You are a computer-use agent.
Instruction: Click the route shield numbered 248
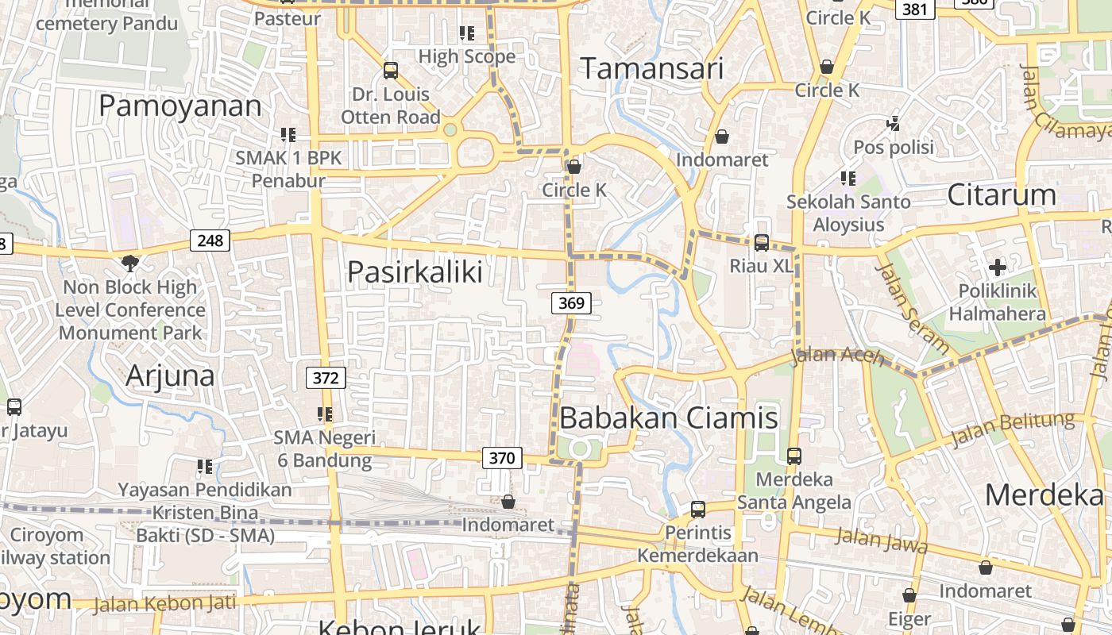[210, 240]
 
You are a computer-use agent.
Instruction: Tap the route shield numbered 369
[571, 302]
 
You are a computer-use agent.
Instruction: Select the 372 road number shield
[326, 378]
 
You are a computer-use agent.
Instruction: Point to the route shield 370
[502, 457]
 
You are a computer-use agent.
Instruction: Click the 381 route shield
[915, 9]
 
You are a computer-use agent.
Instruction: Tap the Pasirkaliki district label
[415, 272]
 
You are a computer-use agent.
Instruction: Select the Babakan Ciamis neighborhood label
[669, 418]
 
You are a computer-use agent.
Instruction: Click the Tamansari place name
[652, 69]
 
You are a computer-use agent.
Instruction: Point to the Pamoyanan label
[180, 106]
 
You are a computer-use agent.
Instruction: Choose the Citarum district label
[1002, 195]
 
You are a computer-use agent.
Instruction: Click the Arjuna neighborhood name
[170, 375]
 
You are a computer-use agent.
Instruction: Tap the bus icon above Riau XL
[762, 242]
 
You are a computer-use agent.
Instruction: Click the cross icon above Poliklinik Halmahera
[998, 267]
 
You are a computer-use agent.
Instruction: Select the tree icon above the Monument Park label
[129, 262]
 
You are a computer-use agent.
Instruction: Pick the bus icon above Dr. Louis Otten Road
[390, 70]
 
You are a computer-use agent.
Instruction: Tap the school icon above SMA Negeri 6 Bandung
[324, 414]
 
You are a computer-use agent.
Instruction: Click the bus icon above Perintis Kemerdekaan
[697, 509]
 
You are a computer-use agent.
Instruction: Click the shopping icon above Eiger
[909, 595]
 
